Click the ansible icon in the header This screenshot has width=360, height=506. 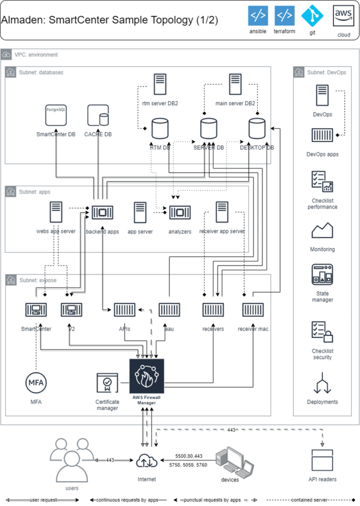click(258, 16)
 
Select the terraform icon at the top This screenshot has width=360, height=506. click(284, 16)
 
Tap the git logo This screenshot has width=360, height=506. click(312, 16)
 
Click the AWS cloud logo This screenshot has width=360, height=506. click(343, 16)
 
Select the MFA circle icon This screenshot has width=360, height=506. click(36, 383)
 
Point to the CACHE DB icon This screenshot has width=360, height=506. click(98, 116)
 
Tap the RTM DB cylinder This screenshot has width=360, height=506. click(160, 128)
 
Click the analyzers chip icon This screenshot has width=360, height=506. click(180, 212)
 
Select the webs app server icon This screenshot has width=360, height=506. click(56, 212)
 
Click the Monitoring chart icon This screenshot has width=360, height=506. click(322, 231)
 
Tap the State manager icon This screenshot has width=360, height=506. click(322, 275)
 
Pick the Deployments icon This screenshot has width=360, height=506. click(322, 383)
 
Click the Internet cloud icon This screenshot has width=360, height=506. click(147, 461)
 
